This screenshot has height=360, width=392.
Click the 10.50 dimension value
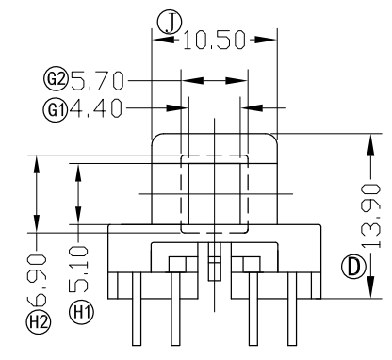coord(214,40)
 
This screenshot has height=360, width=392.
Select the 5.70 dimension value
coord(97,81)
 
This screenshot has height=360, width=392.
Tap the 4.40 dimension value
coord(95,108)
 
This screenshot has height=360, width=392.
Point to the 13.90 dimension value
coord(371,216)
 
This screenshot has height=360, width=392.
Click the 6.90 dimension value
coord(37,280)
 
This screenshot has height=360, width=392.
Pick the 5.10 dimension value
coord(78,269)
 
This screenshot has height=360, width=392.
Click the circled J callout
coord(170,23)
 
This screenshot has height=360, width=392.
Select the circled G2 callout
coord(56,79)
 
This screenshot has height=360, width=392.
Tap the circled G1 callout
coord(56,110)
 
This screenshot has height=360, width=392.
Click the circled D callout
coord(354,268)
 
